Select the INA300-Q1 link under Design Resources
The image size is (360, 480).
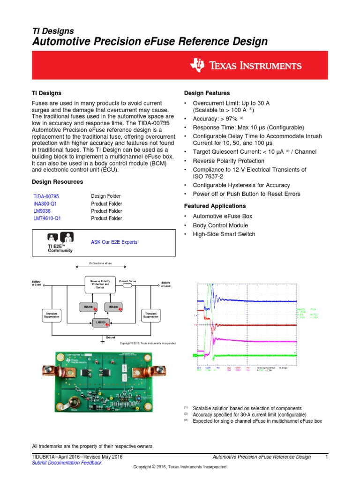(46, 204)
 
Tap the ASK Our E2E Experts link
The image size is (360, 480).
(114, 242)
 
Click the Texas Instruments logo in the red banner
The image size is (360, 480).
(246, 66)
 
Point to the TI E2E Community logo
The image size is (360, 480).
(60, 242)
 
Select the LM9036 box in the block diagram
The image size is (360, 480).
(101, 322)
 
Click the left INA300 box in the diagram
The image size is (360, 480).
(89, 307)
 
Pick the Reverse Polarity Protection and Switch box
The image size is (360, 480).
(100, 284)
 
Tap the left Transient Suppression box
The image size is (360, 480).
(52, 315)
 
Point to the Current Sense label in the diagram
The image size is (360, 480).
(127, 281)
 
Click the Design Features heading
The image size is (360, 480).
(207, 93)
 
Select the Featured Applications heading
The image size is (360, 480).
(215, 206)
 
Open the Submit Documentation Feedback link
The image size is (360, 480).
(66, 463)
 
